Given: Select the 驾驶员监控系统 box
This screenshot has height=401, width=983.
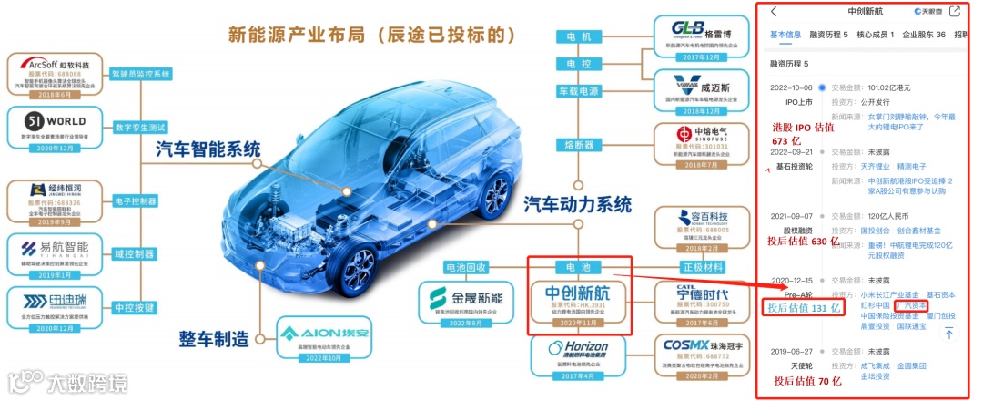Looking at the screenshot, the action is click(140, 74).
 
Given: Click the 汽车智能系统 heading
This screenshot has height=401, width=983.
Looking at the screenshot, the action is click(208, 149).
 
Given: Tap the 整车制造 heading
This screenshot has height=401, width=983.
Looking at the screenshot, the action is click(216, 339).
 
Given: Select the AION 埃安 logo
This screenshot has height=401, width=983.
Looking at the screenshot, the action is click(314, 333).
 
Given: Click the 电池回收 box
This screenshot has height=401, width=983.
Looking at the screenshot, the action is click(466, 268).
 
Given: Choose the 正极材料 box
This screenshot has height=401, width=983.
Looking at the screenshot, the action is click(705, 267).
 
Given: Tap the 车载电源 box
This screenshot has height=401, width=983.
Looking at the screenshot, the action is click(578, 91).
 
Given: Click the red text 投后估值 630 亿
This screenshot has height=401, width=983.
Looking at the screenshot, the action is click(804, 242).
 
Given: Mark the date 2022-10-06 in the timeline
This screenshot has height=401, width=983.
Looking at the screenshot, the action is click(791, 87).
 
